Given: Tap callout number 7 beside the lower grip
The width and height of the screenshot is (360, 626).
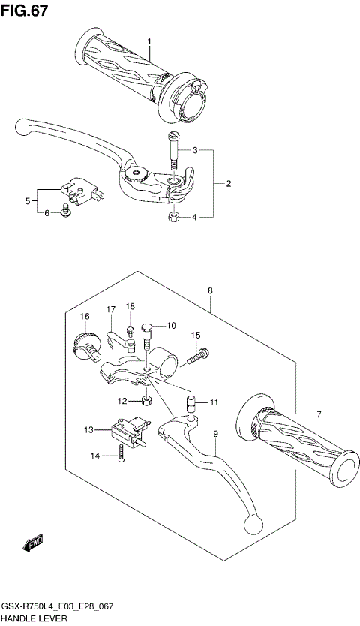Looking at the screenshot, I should click(x=319, y=414).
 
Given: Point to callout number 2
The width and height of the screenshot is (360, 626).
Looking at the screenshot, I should click(x=228, y=183).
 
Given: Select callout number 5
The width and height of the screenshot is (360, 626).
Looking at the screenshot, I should click(x=28, y=200).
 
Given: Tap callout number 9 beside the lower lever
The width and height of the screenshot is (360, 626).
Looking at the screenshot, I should click(x=215, y=434).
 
